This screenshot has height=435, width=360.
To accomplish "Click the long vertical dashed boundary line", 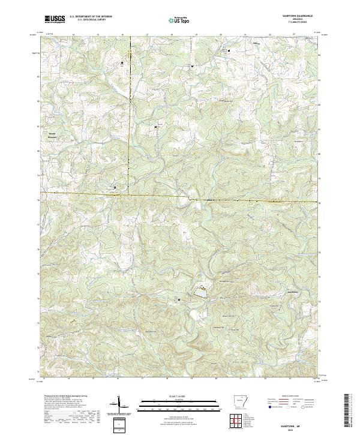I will [x=129, y=120].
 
